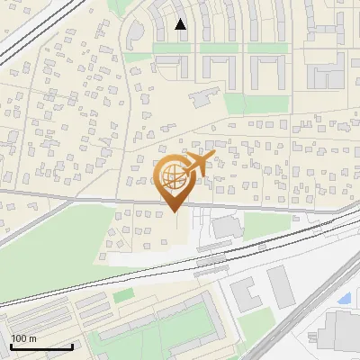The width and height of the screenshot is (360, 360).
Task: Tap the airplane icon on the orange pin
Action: (x=198, y=165)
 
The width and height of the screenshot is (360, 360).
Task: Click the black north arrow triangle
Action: (x=181, y=24)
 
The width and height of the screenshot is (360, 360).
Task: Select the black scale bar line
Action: (x=41, y=346)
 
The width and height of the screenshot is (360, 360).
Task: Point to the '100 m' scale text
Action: (x=24, y=338)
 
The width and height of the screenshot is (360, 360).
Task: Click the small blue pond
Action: (x=344, y=298)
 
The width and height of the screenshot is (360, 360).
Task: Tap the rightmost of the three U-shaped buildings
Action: (x=267, y=66)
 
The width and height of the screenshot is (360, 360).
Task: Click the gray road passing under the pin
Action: (x=90, y=198)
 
